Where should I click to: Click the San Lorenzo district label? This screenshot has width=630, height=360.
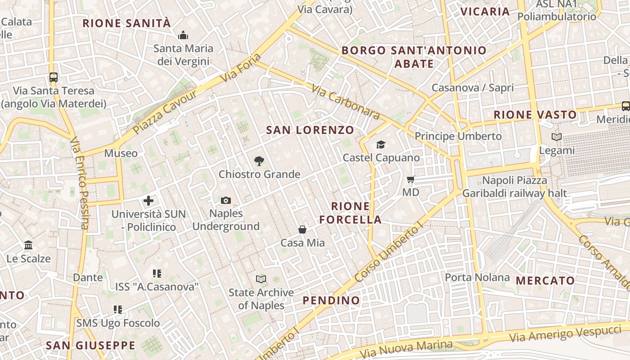(310, 130)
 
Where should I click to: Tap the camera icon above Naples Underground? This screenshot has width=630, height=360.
(226, 200)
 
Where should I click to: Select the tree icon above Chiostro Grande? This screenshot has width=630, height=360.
(259, 161)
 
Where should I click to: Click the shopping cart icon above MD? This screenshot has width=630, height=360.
(410, 180)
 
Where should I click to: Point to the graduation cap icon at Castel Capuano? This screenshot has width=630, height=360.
(381, 144)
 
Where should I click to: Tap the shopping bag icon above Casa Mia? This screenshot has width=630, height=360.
(302, 230)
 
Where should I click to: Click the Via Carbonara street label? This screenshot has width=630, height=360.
(345, 103)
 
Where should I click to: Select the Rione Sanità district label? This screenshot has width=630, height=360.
(127, 23)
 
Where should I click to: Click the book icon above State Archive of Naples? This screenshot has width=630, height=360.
(261, 279)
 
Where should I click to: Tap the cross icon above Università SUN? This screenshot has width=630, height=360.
(148, 201)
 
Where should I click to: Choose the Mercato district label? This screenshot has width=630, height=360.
(545, 281)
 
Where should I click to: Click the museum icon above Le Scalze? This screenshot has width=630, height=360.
(28, 245)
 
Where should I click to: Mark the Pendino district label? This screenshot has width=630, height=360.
(331, 301)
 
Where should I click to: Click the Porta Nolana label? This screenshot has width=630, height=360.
(477, 277)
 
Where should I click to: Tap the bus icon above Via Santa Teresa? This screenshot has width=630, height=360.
(54, 77)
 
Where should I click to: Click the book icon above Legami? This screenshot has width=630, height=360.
(557, 137)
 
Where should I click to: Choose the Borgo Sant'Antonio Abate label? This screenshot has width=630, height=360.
(414, 57)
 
